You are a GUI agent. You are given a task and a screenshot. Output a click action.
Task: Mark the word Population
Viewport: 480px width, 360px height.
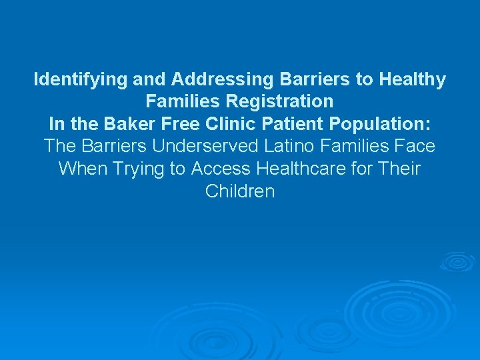point(381,124)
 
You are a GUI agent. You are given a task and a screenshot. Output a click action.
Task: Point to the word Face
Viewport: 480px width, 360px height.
point(415,146)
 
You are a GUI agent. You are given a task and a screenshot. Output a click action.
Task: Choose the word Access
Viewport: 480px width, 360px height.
point(219,169)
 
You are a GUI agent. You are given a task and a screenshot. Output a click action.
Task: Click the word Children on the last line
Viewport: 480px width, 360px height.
point(240,191)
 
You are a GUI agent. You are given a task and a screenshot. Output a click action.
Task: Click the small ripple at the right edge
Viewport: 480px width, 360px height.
point(457,262)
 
